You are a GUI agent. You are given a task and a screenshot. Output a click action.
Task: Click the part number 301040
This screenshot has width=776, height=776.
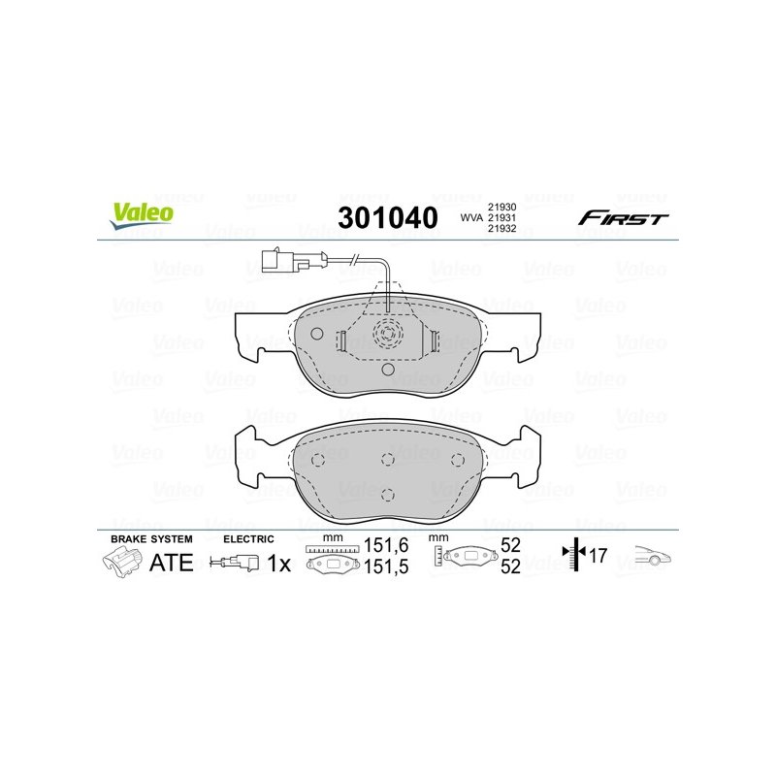click(387, 217)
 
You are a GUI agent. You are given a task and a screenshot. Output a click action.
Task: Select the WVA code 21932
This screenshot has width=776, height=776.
click(502, 231)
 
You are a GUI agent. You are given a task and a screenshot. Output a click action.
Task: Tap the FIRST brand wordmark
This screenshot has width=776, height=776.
click(623, 218)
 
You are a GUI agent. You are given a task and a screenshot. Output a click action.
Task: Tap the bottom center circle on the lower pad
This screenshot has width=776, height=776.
click(387, 494)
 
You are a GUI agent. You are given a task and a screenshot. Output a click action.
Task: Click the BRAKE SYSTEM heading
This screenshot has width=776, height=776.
click(151, 538)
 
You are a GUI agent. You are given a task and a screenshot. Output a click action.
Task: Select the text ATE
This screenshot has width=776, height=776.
click(170, 562)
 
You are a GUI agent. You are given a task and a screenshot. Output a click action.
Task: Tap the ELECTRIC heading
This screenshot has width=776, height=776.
click(248, 538)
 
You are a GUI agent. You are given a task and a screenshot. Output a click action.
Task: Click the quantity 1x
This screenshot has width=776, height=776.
click(278, 562)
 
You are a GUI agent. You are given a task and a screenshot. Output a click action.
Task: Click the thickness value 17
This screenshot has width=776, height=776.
click(597, 557)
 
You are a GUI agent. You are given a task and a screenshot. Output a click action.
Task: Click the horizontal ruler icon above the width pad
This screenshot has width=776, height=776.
click(332, 549)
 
